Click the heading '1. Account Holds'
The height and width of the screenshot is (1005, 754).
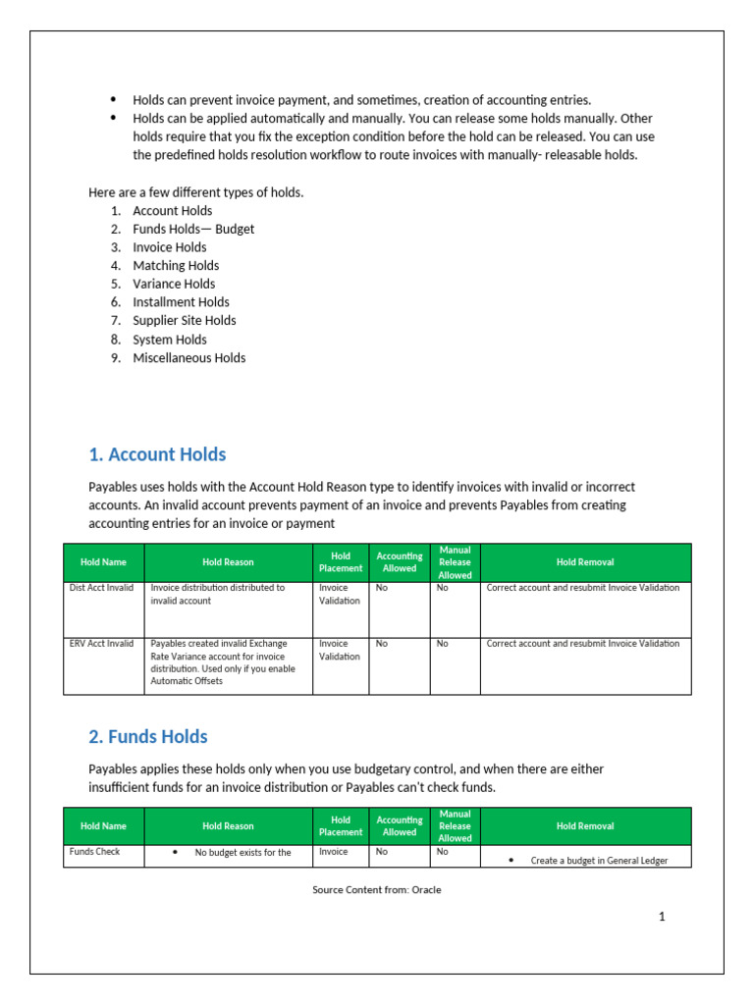[157, 454]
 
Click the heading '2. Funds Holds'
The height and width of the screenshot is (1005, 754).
[148, 736]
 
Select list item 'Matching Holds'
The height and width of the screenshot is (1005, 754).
[176, 265]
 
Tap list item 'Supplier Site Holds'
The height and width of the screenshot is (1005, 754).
[184, 320]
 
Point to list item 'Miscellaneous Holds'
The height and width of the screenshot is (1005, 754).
[188, 357]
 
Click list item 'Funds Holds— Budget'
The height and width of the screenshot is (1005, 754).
[193, 229]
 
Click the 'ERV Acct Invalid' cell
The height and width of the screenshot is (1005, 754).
[102, 644]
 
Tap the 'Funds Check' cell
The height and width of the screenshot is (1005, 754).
[94, 852]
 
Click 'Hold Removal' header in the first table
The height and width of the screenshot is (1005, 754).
[585, 562]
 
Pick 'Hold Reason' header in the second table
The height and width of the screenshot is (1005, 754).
[228, 826]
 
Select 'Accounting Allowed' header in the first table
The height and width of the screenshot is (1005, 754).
[400, 562]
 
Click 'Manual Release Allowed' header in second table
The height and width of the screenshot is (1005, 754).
[455, 826]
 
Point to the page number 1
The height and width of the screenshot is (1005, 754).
[662, 917]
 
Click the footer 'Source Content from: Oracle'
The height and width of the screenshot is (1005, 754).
[377, 890]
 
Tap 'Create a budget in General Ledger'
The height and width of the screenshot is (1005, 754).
[599, 861]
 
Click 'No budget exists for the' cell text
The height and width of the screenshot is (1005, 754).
[242, 853]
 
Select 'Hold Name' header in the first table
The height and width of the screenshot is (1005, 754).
[103, 562]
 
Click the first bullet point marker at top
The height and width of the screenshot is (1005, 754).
[113, 100]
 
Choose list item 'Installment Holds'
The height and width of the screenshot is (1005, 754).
[181, 302]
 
